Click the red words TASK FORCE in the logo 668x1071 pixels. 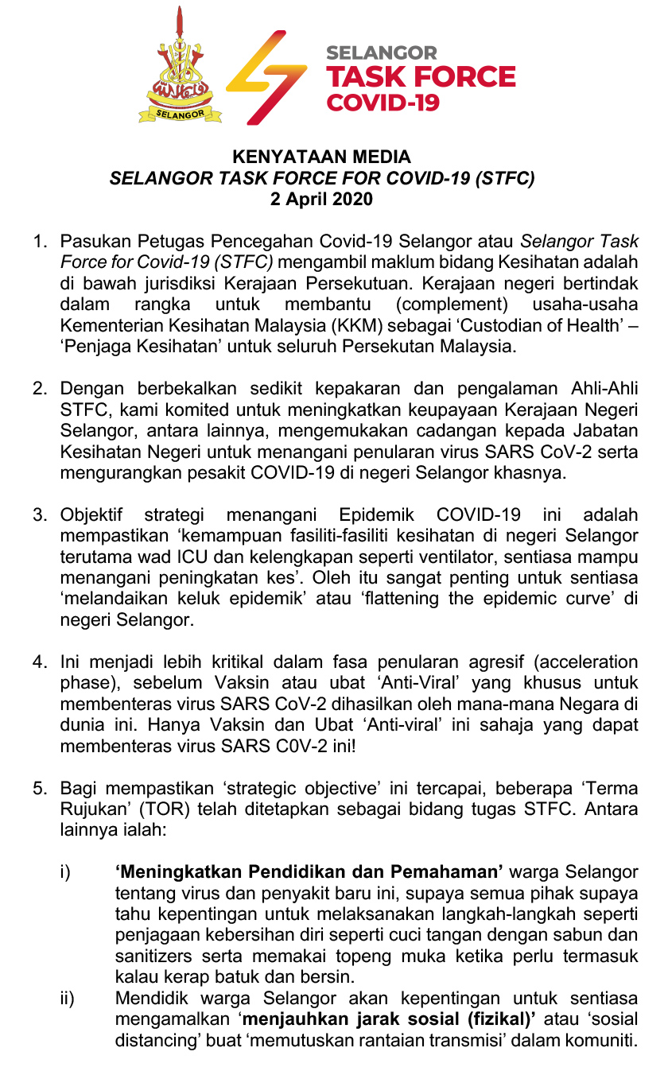click(421, 77)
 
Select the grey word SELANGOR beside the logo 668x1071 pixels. click(382, 53)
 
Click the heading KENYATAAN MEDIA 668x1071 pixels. click(321, 157)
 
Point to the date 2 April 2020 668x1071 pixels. click(321, 199)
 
